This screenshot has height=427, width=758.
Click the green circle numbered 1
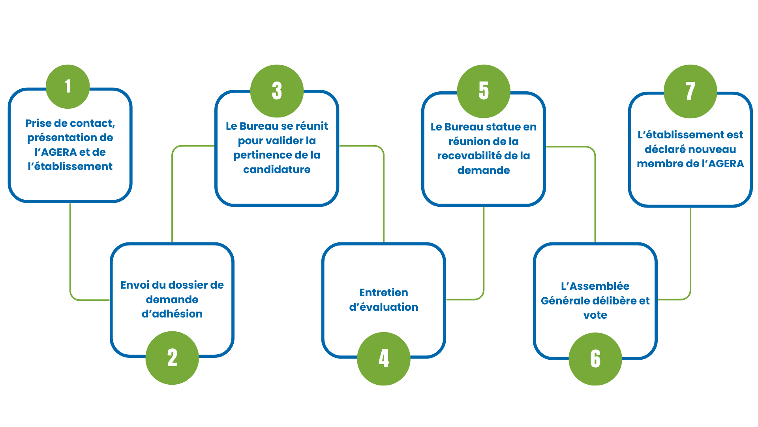[68, 86]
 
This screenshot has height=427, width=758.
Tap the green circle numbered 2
[172, 358]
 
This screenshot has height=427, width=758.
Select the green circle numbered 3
[277, 91]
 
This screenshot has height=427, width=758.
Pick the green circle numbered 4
[384, 359]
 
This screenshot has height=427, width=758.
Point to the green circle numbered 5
[484, 91]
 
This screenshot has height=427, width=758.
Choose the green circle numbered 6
[595, 359]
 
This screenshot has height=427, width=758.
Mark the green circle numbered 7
[690, 91]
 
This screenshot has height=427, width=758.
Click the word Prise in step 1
[39, 123]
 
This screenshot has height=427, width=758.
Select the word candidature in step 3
[277, 170]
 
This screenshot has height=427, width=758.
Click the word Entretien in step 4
[384, 293]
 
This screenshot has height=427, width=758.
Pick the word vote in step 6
[595, 315]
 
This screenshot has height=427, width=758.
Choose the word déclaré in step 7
[665, 149]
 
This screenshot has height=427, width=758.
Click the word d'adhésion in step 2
[172, 314]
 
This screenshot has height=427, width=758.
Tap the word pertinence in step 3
[258, 155]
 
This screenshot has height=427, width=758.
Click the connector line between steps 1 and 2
[70, 253]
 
